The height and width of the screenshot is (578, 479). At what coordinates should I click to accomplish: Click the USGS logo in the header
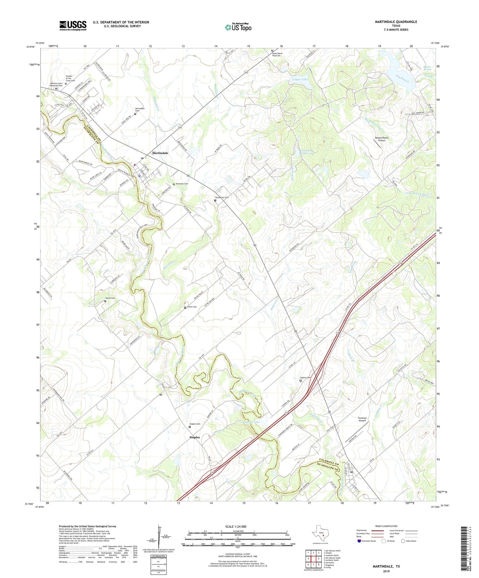(x=73, y=25)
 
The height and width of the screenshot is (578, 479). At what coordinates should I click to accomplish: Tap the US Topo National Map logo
(x=238, y=27)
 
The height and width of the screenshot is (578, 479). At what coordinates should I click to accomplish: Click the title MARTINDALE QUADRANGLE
(x=396, y=22)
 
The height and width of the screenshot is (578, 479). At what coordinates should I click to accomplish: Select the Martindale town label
(x=160, y=153)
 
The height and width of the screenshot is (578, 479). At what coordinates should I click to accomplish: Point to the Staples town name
(x=195, y=437)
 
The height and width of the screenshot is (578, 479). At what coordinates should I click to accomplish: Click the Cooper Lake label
(x=300, y=80)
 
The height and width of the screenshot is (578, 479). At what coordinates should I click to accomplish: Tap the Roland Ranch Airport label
(x=382, y=139)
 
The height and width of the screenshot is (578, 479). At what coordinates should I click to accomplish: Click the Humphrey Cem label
(x=222, y=198)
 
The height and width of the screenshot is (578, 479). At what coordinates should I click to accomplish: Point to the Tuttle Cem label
(x=110, y=298)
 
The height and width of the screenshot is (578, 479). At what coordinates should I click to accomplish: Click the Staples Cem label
(x=195, y=424)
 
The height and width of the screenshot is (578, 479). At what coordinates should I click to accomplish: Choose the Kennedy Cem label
(x=182, y=184)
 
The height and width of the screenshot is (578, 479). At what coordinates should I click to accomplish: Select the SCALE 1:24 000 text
(x=236, y=527)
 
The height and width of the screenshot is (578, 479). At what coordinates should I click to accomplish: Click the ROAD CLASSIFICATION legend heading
(x=386, y=526)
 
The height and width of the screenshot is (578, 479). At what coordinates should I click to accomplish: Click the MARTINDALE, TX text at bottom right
(x=386, y=566)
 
